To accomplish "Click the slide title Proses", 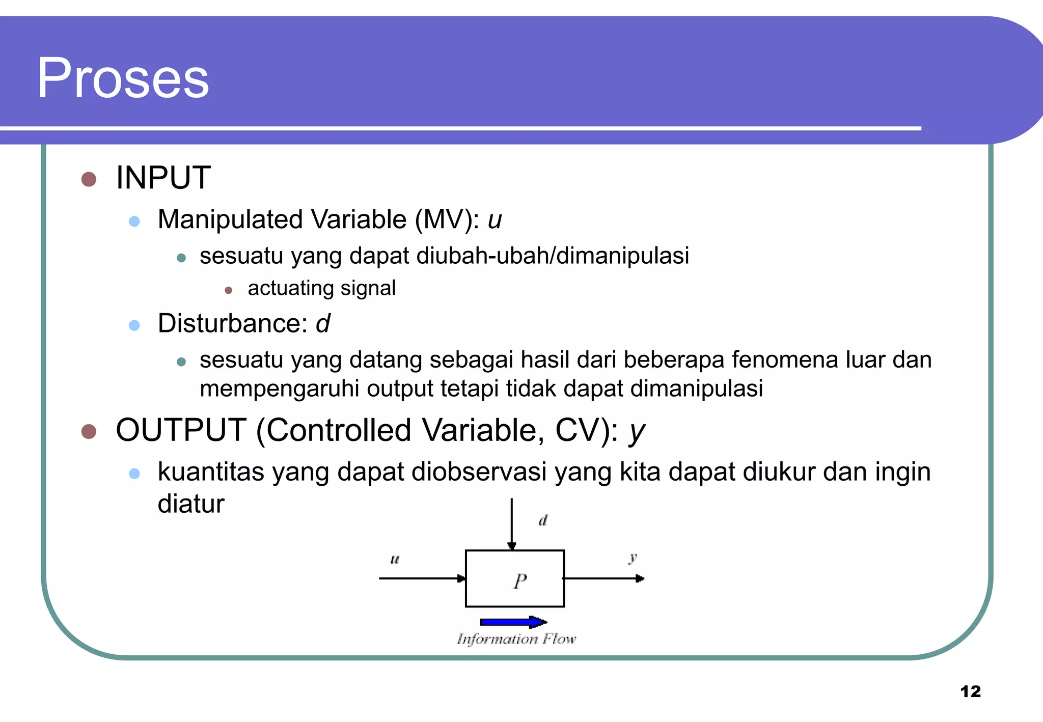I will point(123,78).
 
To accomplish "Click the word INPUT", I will point(163,178).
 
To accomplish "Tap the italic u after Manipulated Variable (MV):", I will point(495,220).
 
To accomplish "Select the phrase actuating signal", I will point(321,288).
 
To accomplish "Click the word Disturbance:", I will point(233,323).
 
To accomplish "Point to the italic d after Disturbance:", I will point(323,323).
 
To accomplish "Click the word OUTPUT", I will point(181,430).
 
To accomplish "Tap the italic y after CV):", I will point(636,432).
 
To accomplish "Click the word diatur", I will point(191,504).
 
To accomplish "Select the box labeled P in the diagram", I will point(515,578).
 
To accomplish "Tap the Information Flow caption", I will point(516,638).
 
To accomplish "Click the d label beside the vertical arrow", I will point(543,520).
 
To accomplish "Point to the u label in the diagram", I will point(395,560).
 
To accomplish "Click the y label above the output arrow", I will point(633,558).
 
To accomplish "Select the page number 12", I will point(970,691).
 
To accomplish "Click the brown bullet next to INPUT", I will point(89,179).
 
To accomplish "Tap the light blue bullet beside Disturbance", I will point(134,325).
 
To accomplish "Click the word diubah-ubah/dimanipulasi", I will point(553,256).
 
